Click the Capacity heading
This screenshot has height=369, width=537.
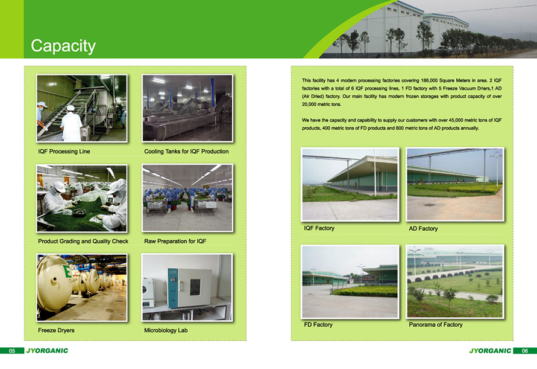coord(63,46)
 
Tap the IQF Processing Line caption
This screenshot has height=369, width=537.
coord(64,152)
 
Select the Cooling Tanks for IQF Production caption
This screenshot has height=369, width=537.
coord(186,152)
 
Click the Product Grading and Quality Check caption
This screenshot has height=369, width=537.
coord(83,242)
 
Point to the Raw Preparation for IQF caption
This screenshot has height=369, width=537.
coord(175,242)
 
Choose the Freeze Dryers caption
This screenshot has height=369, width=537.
coord(56,330)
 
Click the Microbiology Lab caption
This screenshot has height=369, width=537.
coord(166,330)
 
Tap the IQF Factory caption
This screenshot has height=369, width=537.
coord(319,228)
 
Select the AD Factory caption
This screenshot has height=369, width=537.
coord(423,228)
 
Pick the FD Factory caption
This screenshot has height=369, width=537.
coord(318,324)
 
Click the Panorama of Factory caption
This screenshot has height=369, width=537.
coord(436,324)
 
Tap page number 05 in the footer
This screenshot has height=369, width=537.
coord(12,351)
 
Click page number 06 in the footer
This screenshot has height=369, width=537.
coord(525,351)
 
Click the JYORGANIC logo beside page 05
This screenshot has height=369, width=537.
coord(47,350)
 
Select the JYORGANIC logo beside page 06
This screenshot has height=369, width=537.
coord(490,350)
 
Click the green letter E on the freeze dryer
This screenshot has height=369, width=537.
coord(68,271)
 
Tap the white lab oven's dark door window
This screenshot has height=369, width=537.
coord(195,287)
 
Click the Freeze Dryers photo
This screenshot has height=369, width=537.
coord(82,287)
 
